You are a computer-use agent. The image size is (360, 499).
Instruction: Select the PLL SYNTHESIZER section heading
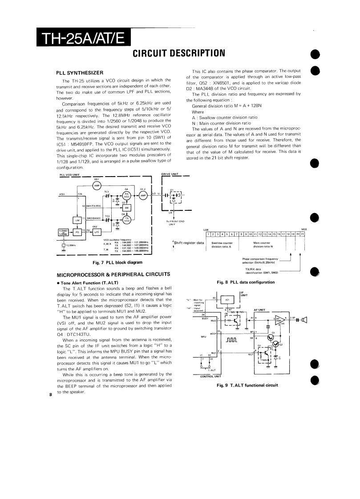tap(80, 72)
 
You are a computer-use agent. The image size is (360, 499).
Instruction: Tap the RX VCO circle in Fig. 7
tap(126, 195)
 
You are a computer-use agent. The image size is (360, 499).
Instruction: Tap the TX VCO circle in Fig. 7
tap(126, 219)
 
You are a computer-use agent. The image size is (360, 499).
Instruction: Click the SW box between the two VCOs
tap(126, 208)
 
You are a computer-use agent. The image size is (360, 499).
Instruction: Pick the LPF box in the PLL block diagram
tap(96, 232)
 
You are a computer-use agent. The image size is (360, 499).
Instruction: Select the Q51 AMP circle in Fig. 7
tap(97, 185)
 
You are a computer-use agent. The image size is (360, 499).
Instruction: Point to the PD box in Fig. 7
tap(77, 232)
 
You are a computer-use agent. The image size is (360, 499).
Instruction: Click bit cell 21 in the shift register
tap(303, 234)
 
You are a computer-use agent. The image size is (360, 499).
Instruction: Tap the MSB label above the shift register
tap(304, 229)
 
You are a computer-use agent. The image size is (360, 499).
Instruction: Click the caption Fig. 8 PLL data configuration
tap(246, 282)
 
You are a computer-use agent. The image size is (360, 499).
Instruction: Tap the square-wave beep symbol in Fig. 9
tap(233, 342)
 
